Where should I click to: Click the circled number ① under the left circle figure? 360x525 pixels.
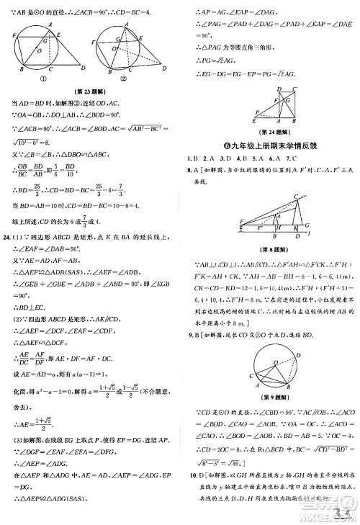(43, 80)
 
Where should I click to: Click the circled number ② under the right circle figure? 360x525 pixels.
(123, 80)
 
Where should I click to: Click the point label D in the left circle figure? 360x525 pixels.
(84, 67)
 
